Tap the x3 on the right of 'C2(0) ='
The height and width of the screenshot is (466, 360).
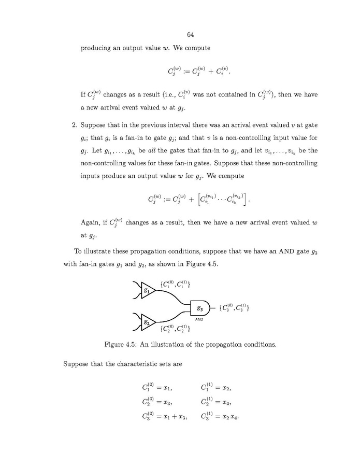(x=167, y=401)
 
